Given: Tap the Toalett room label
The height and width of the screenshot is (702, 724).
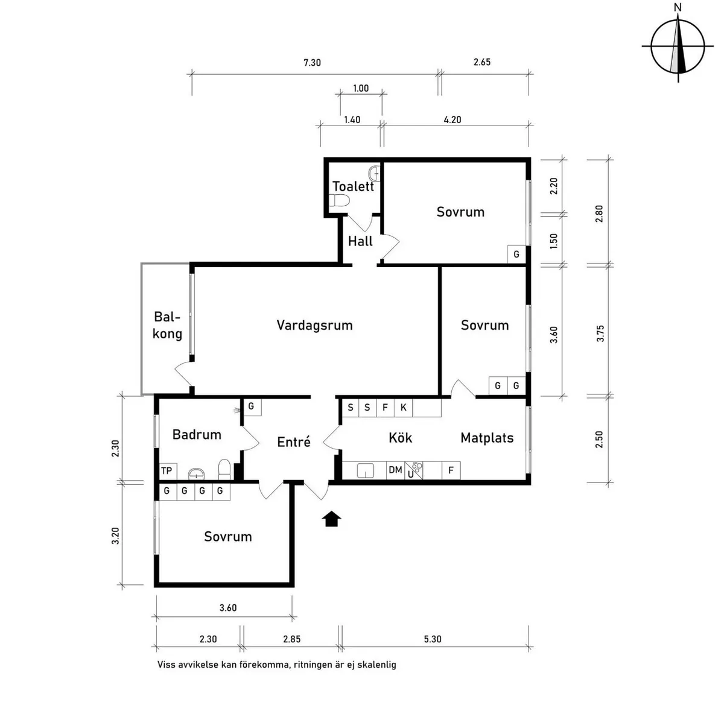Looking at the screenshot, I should [353, 186].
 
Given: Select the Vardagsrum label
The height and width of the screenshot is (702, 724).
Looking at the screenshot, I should [314, 325].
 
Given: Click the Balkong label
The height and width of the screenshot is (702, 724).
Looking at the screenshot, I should [167, 325].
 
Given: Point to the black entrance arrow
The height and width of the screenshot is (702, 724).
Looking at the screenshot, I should [331, 519].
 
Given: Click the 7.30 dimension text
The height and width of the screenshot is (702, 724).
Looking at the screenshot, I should [312, 62].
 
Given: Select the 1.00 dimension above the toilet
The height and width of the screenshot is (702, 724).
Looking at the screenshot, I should [360, 88].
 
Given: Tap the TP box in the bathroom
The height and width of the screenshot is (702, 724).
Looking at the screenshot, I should [167, 471].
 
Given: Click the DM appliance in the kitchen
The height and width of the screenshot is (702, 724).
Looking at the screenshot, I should [395, 470].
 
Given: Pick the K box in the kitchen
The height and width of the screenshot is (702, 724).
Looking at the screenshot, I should [403, 408].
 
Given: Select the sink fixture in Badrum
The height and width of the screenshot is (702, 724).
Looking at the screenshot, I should [197, 473].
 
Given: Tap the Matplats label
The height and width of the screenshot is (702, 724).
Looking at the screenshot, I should [487, 438].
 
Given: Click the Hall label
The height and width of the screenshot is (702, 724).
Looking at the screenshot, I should [360, 241].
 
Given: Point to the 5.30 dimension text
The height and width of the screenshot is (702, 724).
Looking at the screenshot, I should [433, 639].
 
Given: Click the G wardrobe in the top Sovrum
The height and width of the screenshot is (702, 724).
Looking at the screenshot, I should [516, 255].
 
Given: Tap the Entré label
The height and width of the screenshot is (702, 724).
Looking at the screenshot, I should [294, 442].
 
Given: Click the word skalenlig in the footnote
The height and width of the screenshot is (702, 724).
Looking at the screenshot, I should [378, 665].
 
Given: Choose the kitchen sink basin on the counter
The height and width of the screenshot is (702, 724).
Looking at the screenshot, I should [366, 470].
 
